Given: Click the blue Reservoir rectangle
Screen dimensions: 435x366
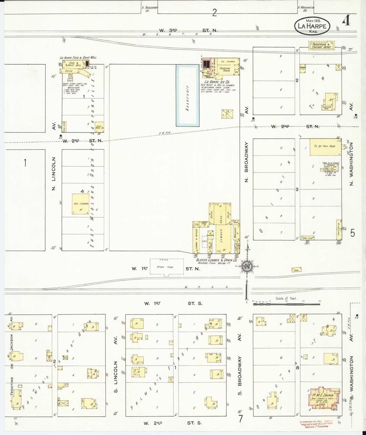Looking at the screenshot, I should pyautogui.click(x=187, y=95).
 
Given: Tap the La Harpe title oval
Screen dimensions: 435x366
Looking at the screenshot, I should pyautogui.click(x=312, y=26).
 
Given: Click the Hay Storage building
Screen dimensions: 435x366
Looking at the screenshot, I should pyautogui.click(x=81, y=204).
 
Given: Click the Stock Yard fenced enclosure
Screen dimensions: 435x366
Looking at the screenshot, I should pyautogui.click(x=167, y=267).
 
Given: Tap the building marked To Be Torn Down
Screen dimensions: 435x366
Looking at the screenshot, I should pyautogui.click(x=325, y=147).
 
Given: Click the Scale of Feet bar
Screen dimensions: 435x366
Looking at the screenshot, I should pyautogui.click(x=287, y=304).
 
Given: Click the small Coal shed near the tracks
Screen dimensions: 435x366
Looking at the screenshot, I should pyautogui.click(x=296, y=270).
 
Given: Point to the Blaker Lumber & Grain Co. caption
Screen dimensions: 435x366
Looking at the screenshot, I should pyautogui.click(x=217, y=260).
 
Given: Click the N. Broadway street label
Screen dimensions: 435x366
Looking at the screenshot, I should pyautogui.click(x=247, y=161).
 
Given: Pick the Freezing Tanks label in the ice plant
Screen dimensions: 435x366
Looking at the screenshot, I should pyautogui.click(x=225, y=70).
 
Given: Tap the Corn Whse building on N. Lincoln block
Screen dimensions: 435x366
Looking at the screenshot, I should pyautogui.click(x=99, y=127).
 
